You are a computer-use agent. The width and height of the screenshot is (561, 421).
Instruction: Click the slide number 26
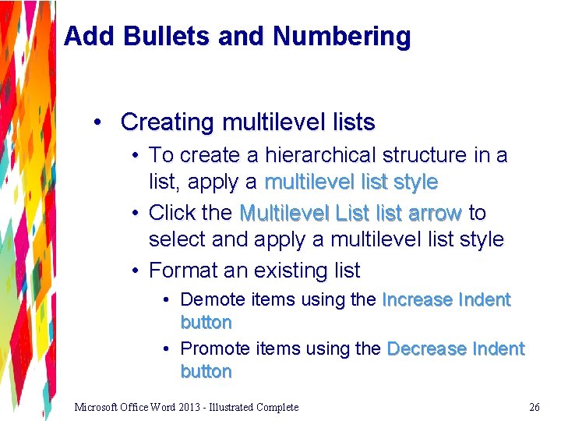coord(534,407)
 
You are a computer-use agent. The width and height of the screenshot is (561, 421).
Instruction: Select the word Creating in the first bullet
coord(167,122)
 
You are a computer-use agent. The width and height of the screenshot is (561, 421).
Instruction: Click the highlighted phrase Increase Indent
coord(446,299)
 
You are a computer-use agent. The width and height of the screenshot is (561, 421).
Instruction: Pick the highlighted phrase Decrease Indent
coord(455,348)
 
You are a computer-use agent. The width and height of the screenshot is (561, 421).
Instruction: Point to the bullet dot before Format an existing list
coord(136,271)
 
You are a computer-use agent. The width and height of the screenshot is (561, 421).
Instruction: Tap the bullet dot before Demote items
coord(168,299)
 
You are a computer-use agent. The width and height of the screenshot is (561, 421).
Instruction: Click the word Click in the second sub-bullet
coord(169,212)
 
